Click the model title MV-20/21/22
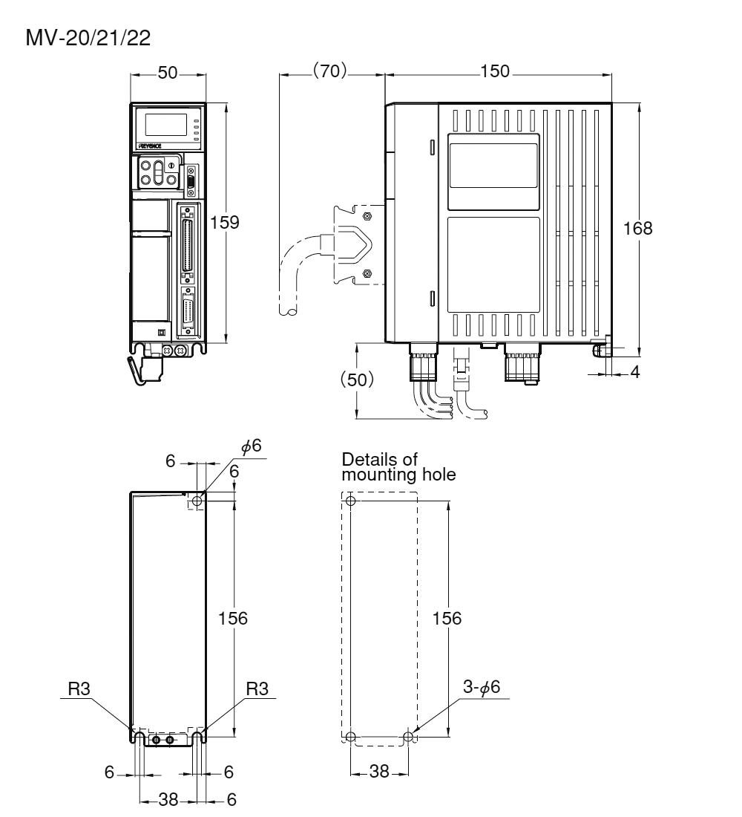(88, 39)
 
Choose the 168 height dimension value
(637, 228)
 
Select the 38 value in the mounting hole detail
(379, 772)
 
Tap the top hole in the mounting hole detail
(351, 501)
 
